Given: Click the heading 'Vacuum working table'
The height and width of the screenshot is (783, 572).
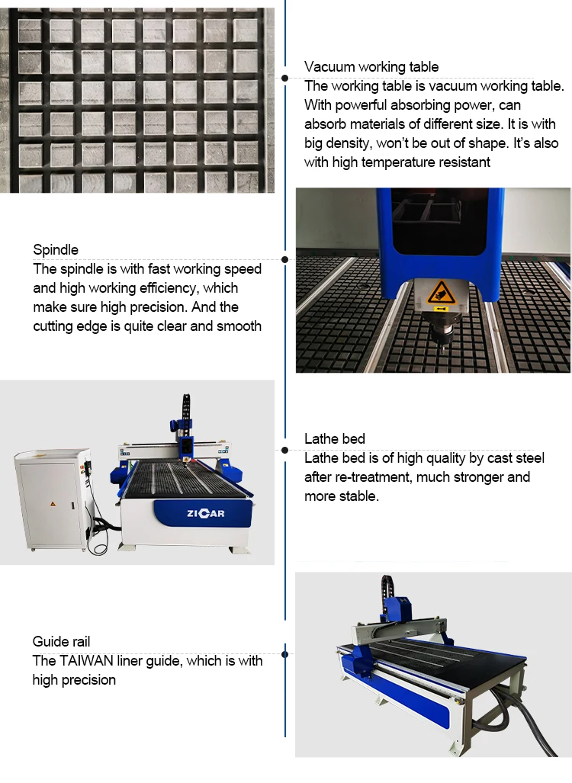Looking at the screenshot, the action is coord(371,67).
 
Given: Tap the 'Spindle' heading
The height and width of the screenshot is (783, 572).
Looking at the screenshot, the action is coord(56,249).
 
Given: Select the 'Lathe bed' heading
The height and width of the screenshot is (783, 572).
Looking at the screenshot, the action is coord(335,439).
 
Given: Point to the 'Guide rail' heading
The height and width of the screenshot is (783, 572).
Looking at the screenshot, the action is coord(61,642).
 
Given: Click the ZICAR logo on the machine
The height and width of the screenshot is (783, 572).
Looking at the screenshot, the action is coord(205,513).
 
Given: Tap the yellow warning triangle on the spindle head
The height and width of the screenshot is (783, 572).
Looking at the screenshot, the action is coord(441,292).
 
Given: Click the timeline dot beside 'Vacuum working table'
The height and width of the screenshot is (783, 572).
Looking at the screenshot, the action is coord(284,78).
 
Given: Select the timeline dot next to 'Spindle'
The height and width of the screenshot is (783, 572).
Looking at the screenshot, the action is coord(284,260).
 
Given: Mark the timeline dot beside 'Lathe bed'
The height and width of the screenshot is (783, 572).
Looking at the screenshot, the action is coord(284,451).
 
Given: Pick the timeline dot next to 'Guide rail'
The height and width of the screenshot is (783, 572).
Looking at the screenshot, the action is coord(284,654).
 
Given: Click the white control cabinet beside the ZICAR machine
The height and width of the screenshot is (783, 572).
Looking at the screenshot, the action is coord(53,499).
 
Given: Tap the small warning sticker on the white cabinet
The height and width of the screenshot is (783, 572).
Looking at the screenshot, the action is coord(53,504).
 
